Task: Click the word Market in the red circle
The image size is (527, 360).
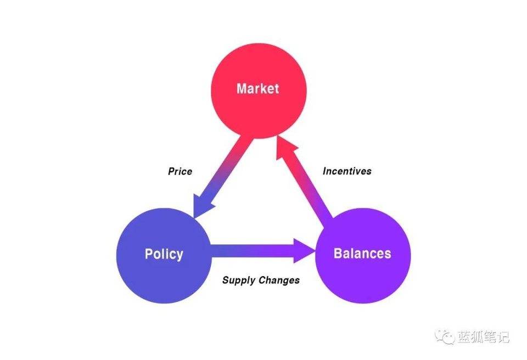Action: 258,88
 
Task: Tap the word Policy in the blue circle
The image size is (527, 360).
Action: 164,254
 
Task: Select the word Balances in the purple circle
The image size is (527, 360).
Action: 362,253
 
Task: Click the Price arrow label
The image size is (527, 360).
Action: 180,171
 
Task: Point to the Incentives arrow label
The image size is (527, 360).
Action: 347,171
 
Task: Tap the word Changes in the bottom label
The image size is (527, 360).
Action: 279,280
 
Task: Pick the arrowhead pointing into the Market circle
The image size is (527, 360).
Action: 284,148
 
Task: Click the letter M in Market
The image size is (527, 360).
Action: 242,88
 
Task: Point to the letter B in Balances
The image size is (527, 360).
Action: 338,253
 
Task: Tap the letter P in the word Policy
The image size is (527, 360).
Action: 149,254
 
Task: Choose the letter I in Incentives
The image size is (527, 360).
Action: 324,171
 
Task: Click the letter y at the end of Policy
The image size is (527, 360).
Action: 180,256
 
